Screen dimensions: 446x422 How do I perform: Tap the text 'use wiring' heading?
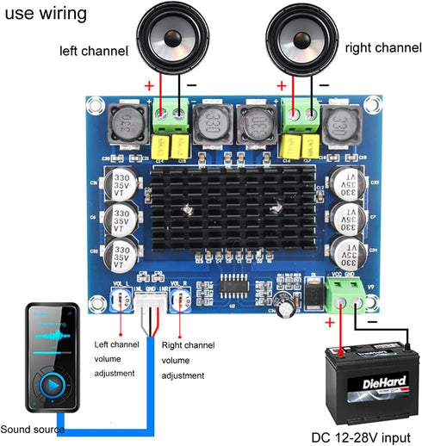[x=45, y=14]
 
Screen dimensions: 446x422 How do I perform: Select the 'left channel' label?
[x=92, y=50]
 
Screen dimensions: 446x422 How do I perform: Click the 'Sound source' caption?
[x=32, y=429]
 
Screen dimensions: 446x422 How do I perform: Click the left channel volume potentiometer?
[x=119, y=298]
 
